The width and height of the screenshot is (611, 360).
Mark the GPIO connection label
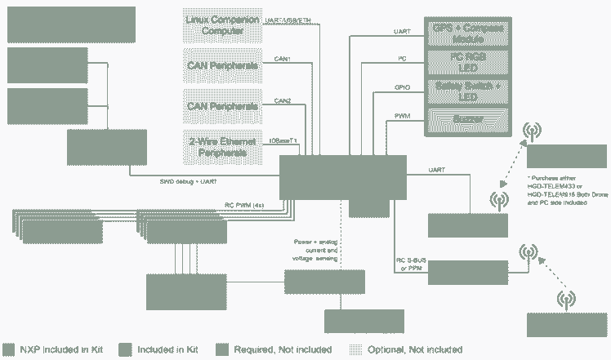(402, 86)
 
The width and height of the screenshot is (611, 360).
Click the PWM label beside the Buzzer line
(402, 116)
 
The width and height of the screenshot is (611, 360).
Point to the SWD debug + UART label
(194, 181)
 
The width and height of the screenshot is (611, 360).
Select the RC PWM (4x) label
(244, 205)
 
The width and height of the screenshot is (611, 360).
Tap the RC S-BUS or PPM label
(411, 264)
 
